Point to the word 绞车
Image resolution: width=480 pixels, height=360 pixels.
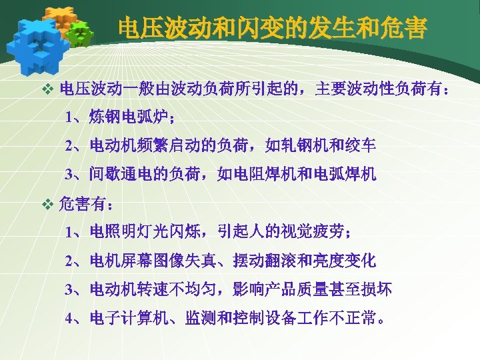coord(361,145)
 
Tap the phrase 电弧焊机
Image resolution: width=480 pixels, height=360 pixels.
coord(345,175)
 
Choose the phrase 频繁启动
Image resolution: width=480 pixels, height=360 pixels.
coord(165,145)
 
